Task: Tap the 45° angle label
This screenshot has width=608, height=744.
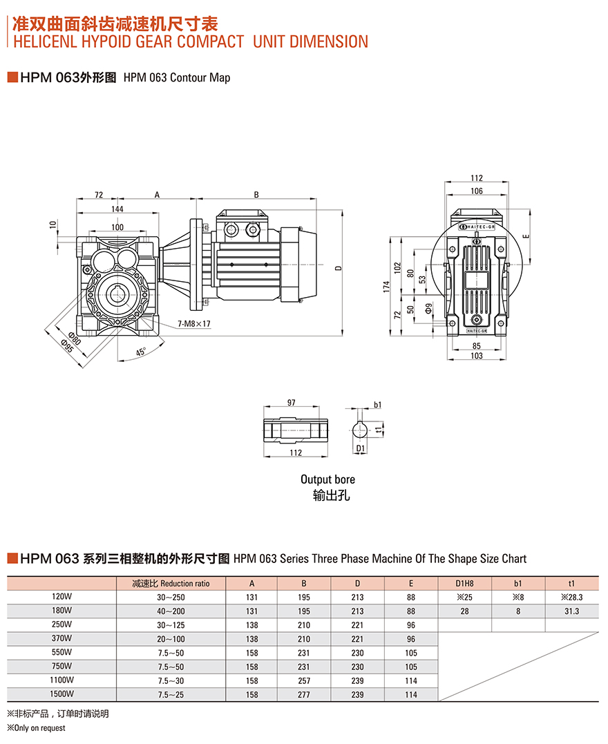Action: click(x=140, y=352)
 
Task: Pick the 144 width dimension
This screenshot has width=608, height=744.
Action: click(x=117, y=209)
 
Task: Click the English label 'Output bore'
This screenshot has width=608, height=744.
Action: click(x=327, y=479)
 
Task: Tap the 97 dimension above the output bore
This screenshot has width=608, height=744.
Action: click(x=291, y=403)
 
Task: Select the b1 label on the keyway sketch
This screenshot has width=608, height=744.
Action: click(x=377, y=405)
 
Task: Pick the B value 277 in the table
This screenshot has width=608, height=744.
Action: click(x=305, y=694)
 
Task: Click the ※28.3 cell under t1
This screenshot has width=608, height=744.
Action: click(x=572, y=597)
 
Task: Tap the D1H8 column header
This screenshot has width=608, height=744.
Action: click(x=465, y=583)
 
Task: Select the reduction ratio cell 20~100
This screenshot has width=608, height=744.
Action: click(x=171, y=639)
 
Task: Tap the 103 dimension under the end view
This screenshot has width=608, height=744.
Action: click(x=476, y=355)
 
